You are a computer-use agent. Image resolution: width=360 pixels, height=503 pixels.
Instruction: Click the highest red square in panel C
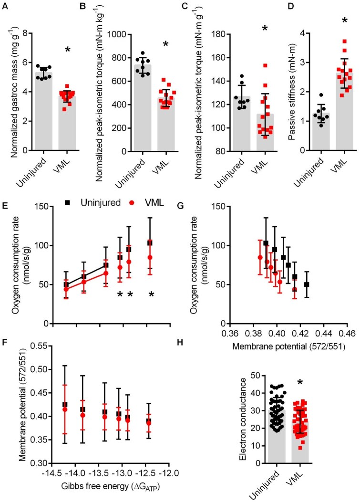[246, 65]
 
